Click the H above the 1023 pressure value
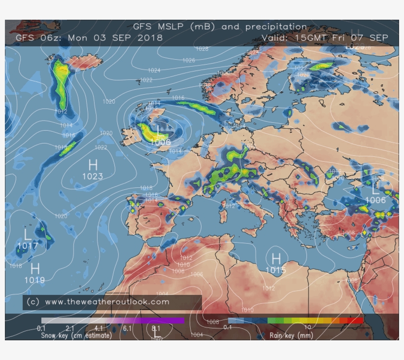(93, 165)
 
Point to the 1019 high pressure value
(34, 280)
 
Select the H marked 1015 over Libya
(276, 258)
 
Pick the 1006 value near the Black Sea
(375, 200)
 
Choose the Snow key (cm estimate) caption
(76, 335)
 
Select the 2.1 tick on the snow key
(70, 327)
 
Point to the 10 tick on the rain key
(307, 327)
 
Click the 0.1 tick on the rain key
(228, 327)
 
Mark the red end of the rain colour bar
(359, 321)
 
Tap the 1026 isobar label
(188, 60)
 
